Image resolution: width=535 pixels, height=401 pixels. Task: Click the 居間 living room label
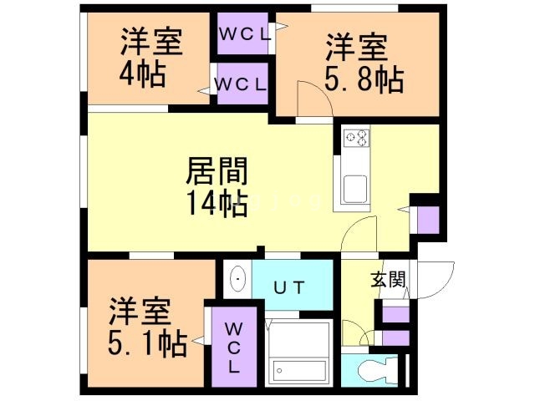tap(216, 174)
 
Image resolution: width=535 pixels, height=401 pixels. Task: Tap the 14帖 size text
tap(216, 203)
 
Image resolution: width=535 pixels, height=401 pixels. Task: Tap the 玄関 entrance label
tap(389, 280)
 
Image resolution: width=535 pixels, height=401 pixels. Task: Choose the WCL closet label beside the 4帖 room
tap(241, 84)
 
